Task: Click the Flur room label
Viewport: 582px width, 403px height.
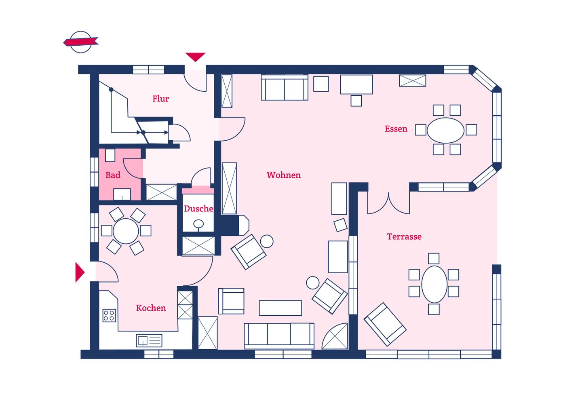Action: tap(160, 99)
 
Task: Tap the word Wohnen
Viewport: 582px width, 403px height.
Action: tap(284, 175)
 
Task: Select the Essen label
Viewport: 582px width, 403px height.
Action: tap(396, 129)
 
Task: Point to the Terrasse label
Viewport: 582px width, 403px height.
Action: tap(404, 237)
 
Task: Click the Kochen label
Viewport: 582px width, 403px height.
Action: tap(151, 308)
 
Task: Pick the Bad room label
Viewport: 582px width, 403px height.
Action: tap(113, 175)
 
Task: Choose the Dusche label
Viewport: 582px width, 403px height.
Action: tap(198, 209)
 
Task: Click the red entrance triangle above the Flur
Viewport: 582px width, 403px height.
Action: tap(195, 57)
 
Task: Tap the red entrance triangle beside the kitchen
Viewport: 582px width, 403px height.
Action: tap(80, 272)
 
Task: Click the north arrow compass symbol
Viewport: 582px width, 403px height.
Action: tap(81, 42)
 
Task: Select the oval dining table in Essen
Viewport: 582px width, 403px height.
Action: tap(445, 130)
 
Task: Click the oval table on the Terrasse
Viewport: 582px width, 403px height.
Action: tap(434, 284)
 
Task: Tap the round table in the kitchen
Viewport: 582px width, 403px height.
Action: tap(126, 231)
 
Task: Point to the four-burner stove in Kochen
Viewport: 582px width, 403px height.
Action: tap(109, 315)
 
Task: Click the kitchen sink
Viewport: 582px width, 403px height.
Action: tap(149, 340)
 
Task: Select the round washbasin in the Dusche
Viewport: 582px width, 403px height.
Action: tap(198, 224)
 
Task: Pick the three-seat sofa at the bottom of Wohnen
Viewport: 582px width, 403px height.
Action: tap(279, 336)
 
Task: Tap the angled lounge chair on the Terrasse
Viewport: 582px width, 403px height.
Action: tap(385, 325)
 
